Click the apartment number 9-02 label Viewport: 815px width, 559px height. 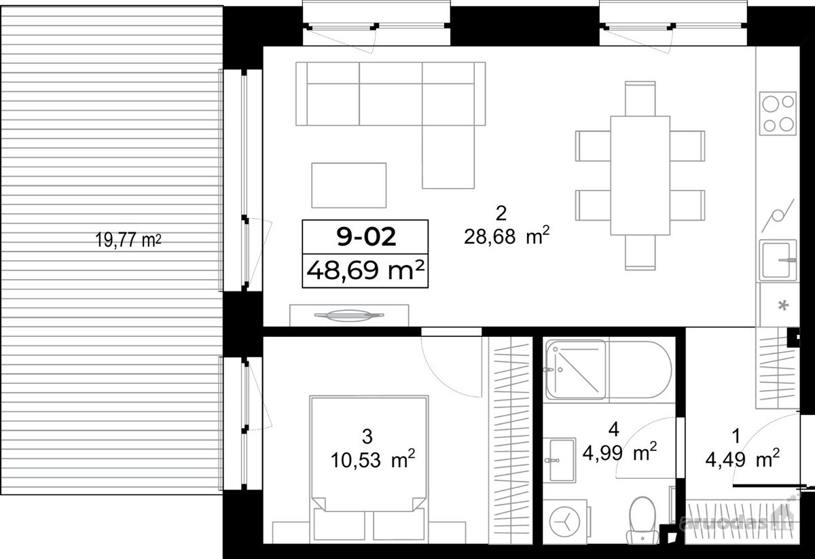tap(366, 237)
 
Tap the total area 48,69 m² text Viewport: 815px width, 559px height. tap(365, 270)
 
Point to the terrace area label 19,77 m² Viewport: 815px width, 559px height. tap(128, 240)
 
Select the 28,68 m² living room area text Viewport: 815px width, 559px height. tap(507, 236)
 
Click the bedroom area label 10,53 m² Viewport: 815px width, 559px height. tap(373, 459)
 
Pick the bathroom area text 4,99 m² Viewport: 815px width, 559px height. tap(619, 452)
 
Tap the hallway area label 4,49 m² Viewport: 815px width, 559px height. tap(742, 459)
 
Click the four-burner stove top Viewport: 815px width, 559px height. tap(778, 113)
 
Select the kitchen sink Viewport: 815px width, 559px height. tap(778, 260)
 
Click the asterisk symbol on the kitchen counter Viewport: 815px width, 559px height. tap(783, 305)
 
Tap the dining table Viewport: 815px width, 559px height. tap(640, 175)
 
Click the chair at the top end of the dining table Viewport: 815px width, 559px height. tap(640, 98)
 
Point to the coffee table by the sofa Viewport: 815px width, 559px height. tap(349, 185)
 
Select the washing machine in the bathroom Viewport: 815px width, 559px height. tap(566, 522)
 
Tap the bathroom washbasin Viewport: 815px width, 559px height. tap(560, 461)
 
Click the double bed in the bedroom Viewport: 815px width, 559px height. tap(369, 469)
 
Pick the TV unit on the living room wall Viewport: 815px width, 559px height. tap(349, 316)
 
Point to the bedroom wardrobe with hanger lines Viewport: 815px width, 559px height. tap(511, 440)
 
